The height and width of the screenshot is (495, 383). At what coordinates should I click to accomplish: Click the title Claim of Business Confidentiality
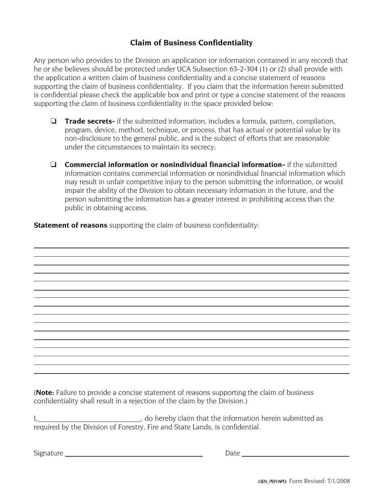[x=191, y=43]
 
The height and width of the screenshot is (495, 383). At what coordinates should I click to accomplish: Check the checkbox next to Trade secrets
[x=53, y=121]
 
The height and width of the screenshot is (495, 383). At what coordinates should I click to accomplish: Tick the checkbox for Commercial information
[x=53, y=164]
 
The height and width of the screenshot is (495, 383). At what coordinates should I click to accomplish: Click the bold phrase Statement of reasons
[x=71, y=225]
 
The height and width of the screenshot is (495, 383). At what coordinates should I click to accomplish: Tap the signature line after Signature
[x=134, y=454]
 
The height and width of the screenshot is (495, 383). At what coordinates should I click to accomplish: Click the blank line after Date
[x=296, y=454]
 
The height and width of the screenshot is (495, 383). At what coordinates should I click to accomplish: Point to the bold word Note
[x=45, y=392]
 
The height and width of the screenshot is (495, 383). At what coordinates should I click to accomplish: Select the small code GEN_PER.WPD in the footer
[x=272, y=481]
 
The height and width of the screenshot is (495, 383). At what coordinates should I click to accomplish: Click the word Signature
[x=48, y=454]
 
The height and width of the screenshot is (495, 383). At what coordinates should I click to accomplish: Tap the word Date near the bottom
[x=233, y=454]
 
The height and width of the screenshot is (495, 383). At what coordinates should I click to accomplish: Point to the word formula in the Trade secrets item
[x=255, y=121]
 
